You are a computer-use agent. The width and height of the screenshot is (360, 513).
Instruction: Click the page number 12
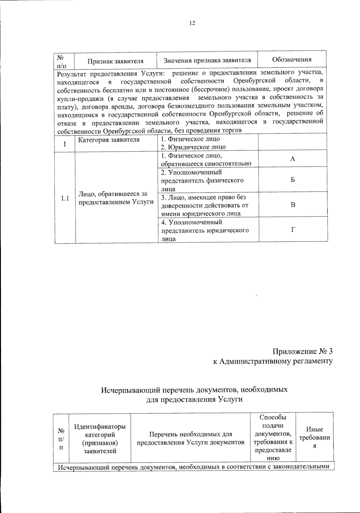192,23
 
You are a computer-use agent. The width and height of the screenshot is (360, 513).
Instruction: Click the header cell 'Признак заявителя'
115,61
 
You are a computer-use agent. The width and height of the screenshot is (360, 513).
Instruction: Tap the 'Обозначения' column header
292,59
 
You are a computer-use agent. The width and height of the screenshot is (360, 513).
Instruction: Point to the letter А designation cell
292,159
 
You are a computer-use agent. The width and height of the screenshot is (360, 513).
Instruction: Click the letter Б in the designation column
292,180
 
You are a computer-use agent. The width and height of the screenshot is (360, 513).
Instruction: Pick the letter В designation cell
293,205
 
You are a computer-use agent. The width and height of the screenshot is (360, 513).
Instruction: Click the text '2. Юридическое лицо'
193,147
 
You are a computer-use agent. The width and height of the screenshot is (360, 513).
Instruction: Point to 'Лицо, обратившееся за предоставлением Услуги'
116,198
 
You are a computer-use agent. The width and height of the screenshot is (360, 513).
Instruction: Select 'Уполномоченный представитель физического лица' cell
202,180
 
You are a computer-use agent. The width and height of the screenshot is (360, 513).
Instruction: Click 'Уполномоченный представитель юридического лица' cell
205,230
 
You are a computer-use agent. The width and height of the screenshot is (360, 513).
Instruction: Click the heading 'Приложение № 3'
302,351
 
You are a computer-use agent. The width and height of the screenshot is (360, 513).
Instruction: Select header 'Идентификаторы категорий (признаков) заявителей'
100,438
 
